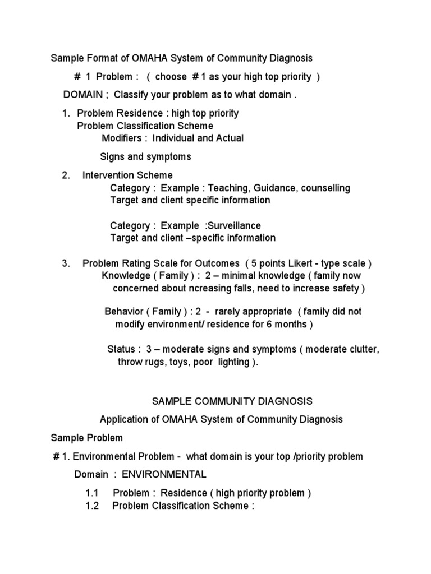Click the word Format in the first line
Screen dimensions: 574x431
click(x=98, y=58)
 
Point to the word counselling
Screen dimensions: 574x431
click(x=325, y=188)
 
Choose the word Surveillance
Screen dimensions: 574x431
click(x=233, y=225)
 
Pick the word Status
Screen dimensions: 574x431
click(x=121, y=349)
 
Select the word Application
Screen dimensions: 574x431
click(x=123, y=419)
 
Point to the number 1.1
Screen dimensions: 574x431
click(x=92, y=493)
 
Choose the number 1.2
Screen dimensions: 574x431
click(x=92, y=506)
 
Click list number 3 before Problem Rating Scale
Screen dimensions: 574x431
click(x=65, y=263)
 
